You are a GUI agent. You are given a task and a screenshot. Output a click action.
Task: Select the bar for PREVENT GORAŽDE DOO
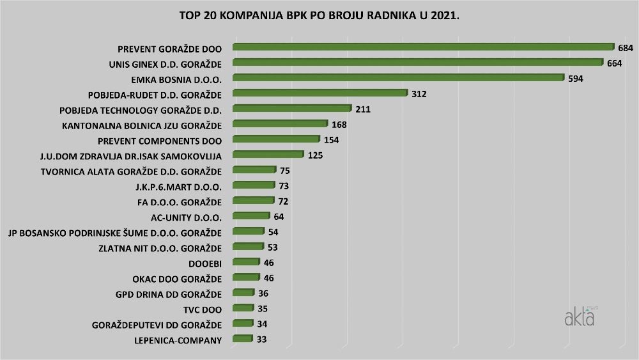coord(422,47)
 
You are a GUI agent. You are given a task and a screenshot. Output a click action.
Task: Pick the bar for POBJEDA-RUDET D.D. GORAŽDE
coord(319,93)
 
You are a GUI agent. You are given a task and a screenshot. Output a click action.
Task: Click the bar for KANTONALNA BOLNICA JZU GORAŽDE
coord(280,124)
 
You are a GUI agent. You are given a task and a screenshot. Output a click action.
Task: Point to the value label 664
coord(614,63)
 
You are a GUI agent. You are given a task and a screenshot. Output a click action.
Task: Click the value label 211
coord(363,109)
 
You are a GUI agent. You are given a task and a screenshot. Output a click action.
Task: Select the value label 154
coord(330,140)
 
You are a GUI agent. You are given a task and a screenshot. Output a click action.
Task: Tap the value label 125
coord(315,155)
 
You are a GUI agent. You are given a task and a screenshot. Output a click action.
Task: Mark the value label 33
coord(261,340)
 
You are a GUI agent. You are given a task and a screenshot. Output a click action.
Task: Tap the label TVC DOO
coord(202,309)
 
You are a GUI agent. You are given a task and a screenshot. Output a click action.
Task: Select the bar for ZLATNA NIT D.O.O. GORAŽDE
coord(248,247)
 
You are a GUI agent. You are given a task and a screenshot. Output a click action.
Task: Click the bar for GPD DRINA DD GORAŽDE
coord(243,293)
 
